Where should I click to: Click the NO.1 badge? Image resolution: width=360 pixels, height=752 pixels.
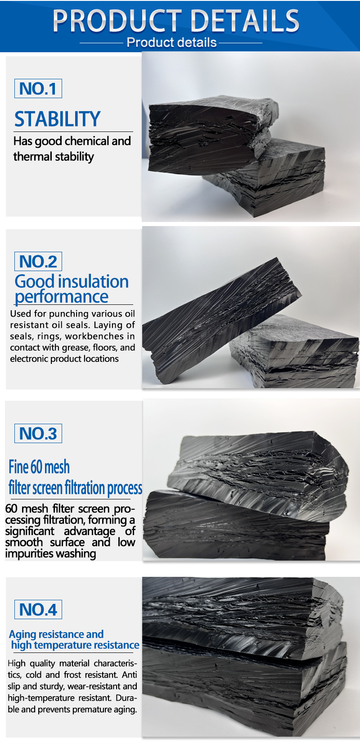tap(38, 88)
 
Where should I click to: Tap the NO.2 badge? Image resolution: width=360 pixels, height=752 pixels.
tap(38, 261)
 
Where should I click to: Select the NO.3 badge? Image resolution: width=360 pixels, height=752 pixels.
tap(38, 433)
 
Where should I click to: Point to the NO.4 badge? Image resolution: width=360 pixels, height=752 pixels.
tap(38, 609)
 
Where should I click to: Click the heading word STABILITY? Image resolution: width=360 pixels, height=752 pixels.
tap(57, 119)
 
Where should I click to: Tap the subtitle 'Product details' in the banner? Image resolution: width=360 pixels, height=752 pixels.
tap(171, 43)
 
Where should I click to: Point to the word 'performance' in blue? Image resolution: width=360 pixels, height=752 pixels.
tap(61, 297)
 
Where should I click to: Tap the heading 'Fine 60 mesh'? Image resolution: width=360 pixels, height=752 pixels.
tap(39, 467)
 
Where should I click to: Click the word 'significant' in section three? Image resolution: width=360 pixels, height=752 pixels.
tap(30, 531)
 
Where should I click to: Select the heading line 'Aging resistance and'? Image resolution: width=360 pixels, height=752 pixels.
tap(56, 634)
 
